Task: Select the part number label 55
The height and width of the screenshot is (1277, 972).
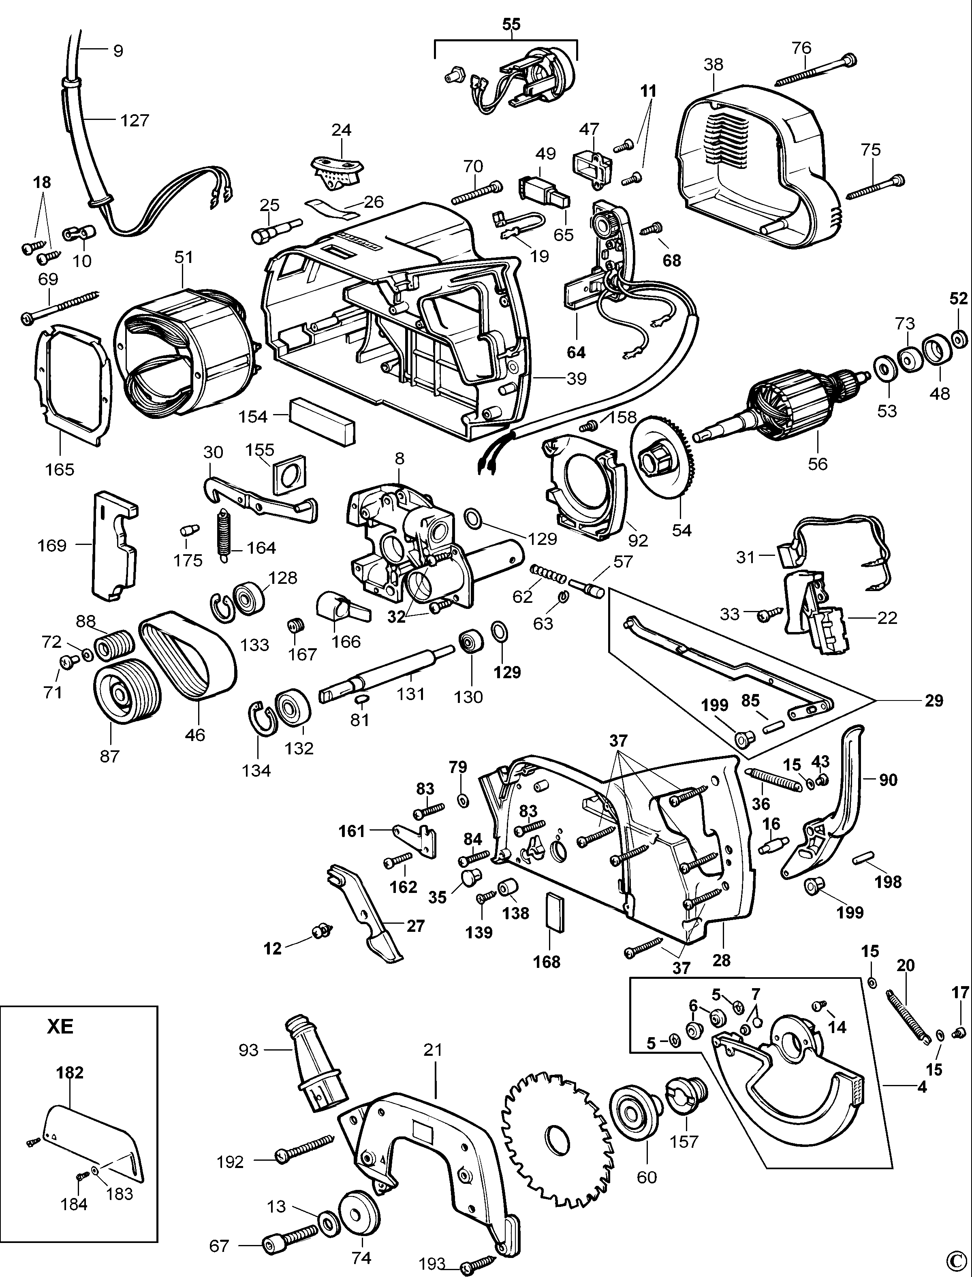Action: (x=511, y=24)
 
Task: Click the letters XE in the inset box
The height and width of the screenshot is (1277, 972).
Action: (x=60, y=1027)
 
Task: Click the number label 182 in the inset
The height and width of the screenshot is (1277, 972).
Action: (x=70, y=1072)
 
